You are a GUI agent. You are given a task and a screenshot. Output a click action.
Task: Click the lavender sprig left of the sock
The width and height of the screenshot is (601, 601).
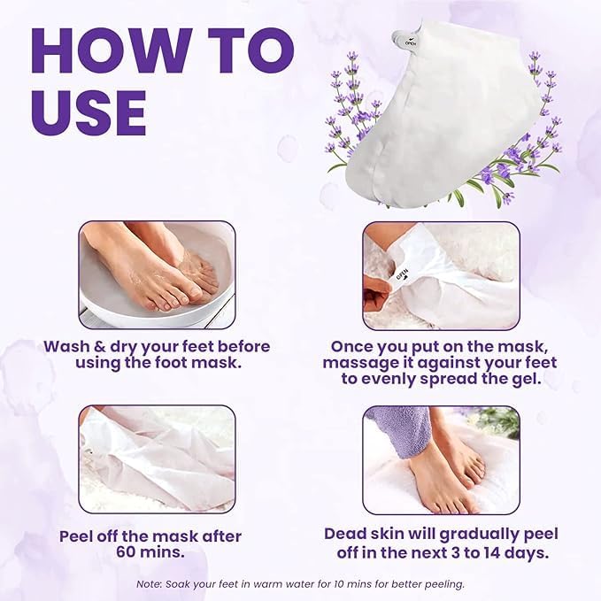click(x=358, y=97)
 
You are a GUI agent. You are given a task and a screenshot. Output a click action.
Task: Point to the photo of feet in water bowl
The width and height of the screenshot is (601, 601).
click(x=157, y=274)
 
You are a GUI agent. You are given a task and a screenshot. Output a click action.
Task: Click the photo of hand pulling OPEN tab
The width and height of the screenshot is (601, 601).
click(x=441, y=274)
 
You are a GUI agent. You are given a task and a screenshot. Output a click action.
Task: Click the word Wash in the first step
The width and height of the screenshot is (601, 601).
click(x=70, y=346)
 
